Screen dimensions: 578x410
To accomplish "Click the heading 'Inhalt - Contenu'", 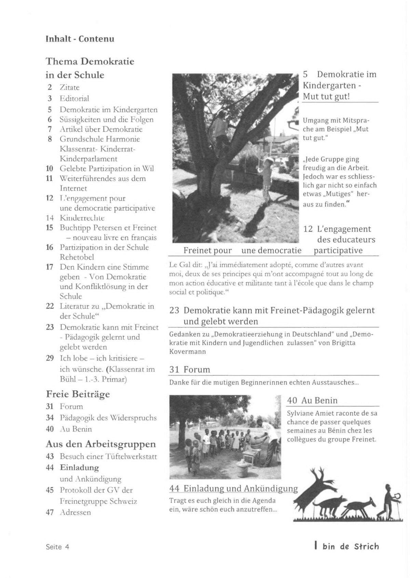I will click(x=80, y=39).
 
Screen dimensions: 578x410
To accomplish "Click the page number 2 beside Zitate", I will click(x=50, y=88).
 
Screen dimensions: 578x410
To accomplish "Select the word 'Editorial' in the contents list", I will click(x=74, y=98).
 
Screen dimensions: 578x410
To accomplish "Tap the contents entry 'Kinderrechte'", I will click(x=82, y=218).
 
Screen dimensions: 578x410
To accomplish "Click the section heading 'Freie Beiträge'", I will click(x=78, y=394).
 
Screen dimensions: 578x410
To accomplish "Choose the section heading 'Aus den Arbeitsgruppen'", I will click(x=101, y=444).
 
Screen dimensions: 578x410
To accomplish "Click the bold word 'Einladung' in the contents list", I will click(x=79, y=468).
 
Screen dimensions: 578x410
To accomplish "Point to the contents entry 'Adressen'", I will click(x=75, y=512).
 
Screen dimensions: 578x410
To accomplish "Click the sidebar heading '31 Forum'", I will click(x=190, y=369).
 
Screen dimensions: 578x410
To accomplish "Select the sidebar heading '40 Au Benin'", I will click(x=312, y=400).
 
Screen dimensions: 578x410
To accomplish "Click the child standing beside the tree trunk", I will click(x=266, y=178).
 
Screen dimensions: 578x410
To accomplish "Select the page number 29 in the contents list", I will click(x=50, y=358).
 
